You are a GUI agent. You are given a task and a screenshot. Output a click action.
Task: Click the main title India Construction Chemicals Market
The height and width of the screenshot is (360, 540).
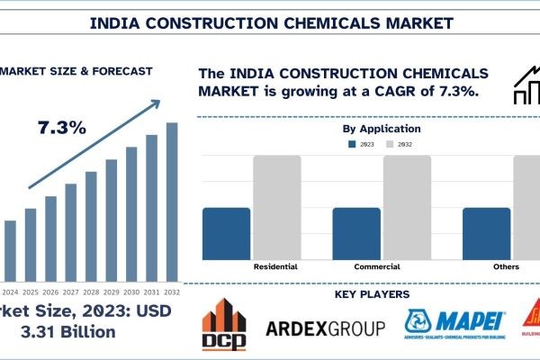[271, 20]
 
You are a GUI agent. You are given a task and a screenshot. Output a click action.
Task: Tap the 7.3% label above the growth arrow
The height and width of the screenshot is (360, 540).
[62, 127]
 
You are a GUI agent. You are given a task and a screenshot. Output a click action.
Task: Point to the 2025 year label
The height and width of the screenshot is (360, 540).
[31, 291]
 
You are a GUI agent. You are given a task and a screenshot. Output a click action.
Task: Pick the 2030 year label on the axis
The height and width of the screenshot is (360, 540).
[131, 291]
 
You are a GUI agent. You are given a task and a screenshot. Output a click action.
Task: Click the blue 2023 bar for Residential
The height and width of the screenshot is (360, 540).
[226, 234]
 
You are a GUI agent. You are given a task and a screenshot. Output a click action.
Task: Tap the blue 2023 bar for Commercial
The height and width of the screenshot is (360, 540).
[356, 234]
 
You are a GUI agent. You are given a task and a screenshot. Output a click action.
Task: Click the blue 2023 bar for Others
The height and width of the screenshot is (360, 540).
[487, 234]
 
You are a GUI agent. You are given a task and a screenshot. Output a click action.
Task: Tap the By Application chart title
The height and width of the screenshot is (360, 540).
[382, 129]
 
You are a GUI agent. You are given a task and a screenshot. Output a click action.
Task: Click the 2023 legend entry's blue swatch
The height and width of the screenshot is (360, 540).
[352, 143]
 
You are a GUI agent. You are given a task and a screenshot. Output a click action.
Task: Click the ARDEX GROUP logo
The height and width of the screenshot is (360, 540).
[325, 328]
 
